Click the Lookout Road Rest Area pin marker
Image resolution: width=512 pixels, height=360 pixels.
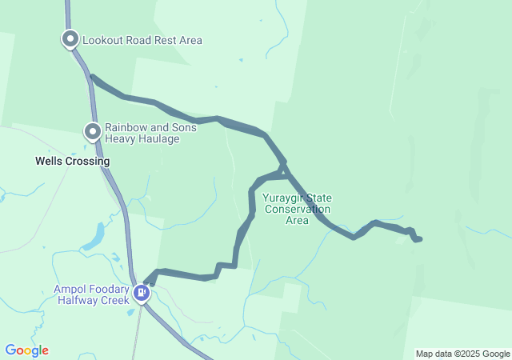[70, 38]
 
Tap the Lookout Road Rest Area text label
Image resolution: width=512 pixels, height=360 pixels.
[142, 40]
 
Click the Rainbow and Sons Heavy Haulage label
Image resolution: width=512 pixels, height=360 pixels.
[142, 133]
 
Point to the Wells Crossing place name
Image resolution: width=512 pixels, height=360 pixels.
[72, 161]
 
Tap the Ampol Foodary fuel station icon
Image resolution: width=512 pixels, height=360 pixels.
[142, 294]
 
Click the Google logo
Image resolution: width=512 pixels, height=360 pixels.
[26, 350]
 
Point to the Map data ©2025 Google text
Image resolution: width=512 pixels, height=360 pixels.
[462, 354]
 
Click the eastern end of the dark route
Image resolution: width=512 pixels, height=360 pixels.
[420, 239]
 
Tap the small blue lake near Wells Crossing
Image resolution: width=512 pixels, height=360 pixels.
[94, 237]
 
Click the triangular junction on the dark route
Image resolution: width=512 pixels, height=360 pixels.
[282, 169]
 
